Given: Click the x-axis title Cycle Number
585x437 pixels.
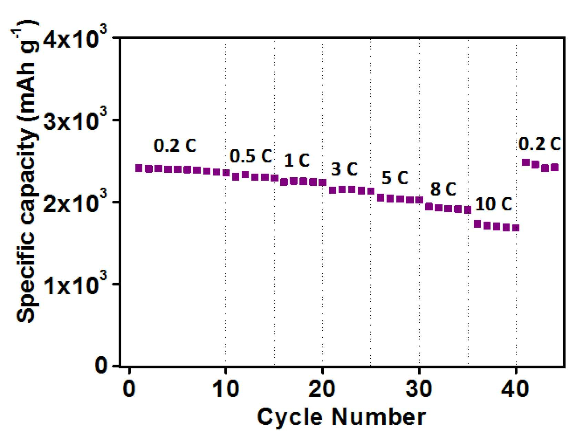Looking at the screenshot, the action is [341, 417].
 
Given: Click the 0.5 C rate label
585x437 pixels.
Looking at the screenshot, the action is [251, 156].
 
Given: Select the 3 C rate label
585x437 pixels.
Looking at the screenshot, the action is [344, 169].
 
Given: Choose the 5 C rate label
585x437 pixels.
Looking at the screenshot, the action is [395, 178].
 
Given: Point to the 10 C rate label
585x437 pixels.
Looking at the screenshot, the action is [494, 205].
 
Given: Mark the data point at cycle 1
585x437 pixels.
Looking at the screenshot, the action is [139, 168].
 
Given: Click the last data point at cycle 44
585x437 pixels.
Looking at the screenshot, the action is [555, 168].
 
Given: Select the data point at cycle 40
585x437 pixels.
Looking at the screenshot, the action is [516, 228].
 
